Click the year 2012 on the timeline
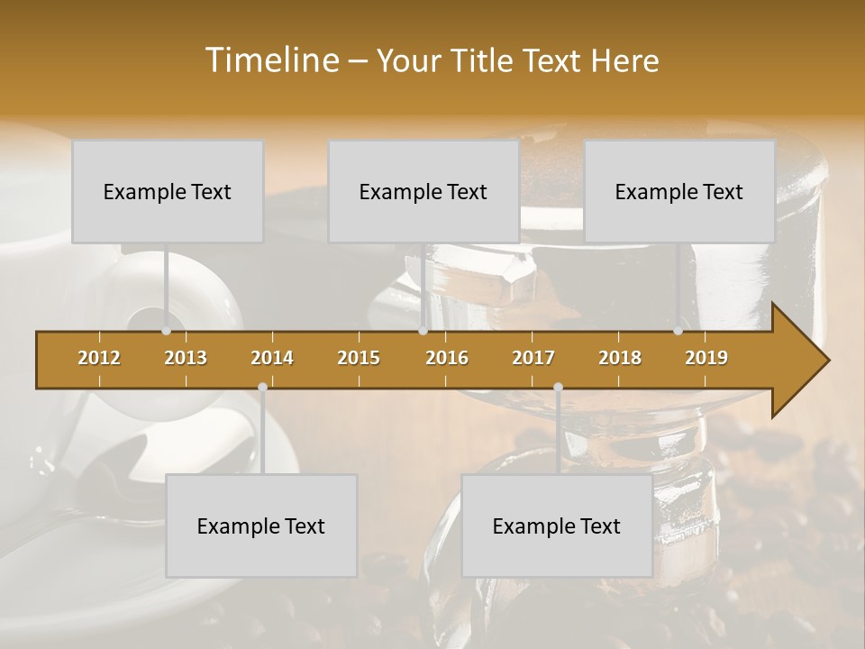(99, 358)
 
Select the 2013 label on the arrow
(186, 358)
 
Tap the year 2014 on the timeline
(272, 358)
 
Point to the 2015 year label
(359, 358)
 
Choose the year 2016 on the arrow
(447, 358)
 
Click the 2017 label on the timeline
(533, 358)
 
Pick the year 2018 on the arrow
(620, 358)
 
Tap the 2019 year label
(706, 358)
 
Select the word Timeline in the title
(271, 60)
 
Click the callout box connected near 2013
(168, 191)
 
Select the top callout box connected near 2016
(423, 191)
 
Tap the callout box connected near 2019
(679, 191)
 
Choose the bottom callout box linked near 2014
(261, 526)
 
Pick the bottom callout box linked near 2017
(557, 526)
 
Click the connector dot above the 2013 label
(167, 331)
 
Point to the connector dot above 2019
(678, 331)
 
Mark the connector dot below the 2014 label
(262, 388)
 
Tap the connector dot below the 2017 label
(558, 388)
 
